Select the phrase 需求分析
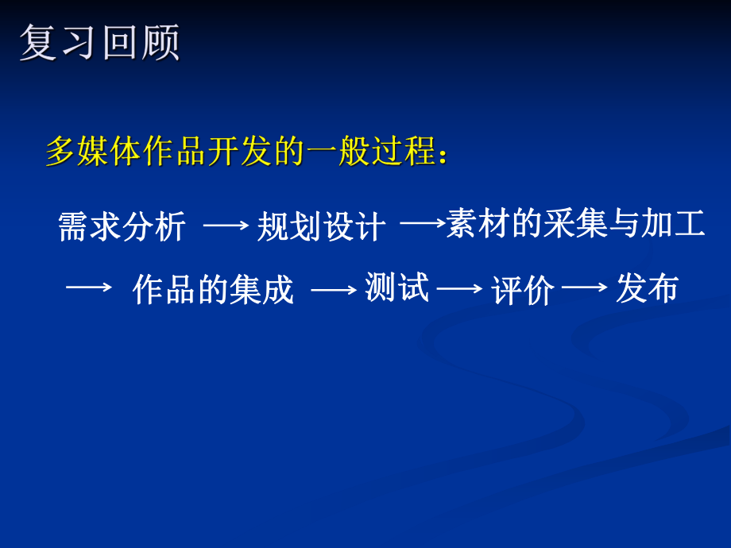pos(122,227)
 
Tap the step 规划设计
pos(322,227)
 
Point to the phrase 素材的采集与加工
pos(576,224)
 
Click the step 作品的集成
pos(213,290)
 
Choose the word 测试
pos(396,288)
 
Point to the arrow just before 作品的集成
pos(88,288)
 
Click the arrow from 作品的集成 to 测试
pos(334,291)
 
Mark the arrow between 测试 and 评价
pos(460,290)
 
